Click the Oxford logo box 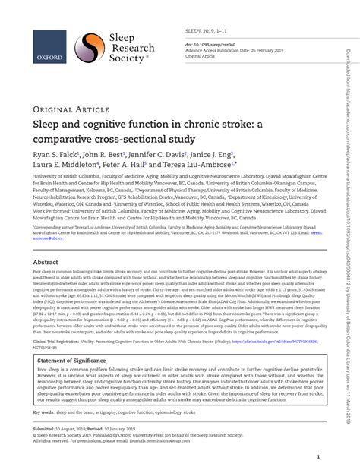49,46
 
